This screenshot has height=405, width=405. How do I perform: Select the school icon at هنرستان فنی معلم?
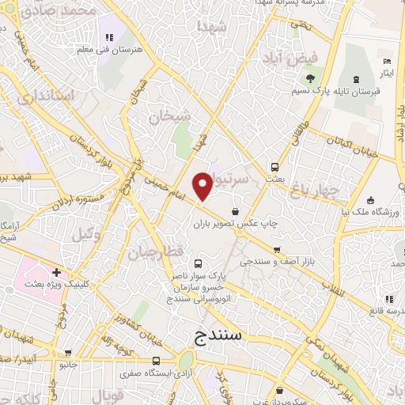[x=109, y=37]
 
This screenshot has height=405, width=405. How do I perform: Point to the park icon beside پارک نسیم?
[x=311, y=78]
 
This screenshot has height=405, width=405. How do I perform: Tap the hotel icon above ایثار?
[x=387, y=62]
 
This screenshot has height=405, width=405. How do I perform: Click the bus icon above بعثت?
[x=275, y=167]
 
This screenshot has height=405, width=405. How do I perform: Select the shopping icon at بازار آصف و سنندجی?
[x=277, y=250]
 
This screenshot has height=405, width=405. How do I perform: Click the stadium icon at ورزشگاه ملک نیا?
[x=371, y=200]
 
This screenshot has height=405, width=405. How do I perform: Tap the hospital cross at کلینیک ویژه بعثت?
[x=56, y=271]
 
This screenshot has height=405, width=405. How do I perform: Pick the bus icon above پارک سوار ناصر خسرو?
[x=198, y=264]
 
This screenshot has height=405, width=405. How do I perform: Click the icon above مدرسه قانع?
[x=388, y=299]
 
